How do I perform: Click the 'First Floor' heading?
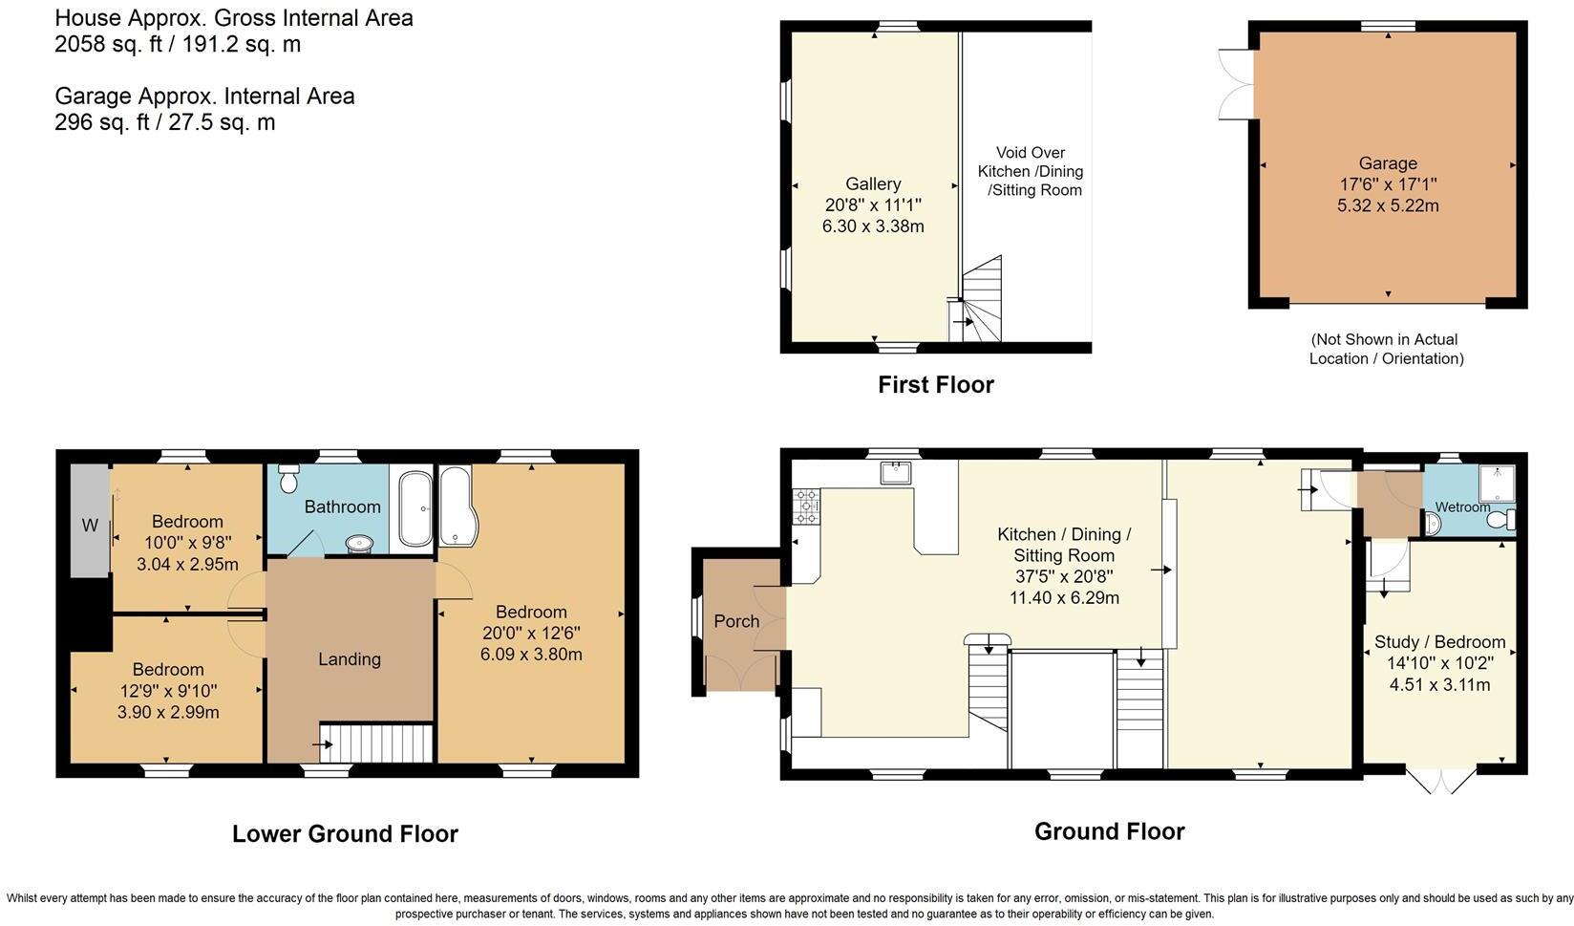point(936,385)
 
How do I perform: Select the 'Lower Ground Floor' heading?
point(345,834)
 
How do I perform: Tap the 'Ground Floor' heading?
point(1109,831)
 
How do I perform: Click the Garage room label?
point(1388,163)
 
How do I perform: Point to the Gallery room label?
point(873,184)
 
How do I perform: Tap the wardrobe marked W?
point(90,522)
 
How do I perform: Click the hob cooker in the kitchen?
point(805,506)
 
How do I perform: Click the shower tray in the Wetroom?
point(1497,484)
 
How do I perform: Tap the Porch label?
point(736,621)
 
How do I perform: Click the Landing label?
point(350,659)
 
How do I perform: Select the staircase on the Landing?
point(376,742)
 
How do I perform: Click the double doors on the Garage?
point(1236,84)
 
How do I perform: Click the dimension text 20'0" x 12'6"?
point(531,634)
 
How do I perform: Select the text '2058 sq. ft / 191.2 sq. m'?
point(178,44)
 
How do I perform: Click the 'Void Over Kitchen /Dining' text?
point(1030,162)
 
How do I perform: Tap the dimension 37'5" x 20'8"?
point(1064,577)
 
